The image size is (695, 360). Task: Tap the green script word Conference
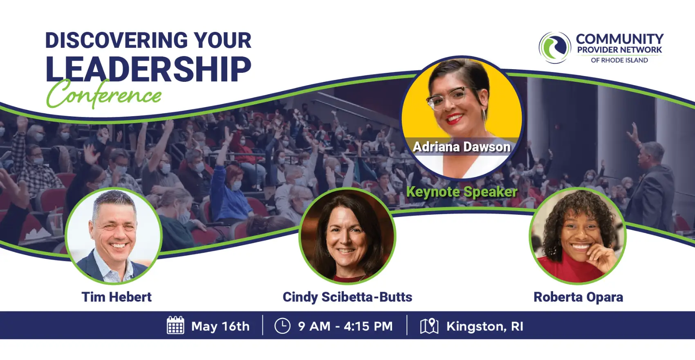[104, 94]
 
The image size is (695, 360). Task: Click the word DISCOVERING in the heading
[117, 40]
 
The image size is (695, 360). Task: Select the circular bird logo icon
[555, 47]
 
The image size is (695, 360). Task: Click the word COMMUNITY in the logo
[620, 39]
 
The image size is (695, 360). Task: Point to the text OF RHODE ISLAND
[619, 60]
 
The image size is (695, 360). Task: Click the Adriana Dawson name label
[462, 147]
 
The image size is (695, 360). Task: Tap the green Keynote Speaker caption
[462, 192]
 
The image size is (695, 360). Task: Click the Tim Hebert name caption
[117, 297]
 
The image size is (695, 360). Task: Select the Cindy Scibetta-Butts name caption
[347, 297]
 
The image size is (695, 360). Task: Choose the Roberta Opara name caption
[578, 297]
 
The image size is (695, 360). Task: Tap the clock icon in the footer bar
[282, 326]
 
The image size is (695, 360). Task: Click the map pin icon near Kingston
[429, 326]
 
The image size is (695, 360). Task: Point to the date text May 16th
[220, 326]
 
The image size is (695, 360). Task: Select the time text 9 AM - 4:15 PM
[345, 326]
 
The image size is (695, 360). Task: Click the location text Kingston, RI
[484, 326]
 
